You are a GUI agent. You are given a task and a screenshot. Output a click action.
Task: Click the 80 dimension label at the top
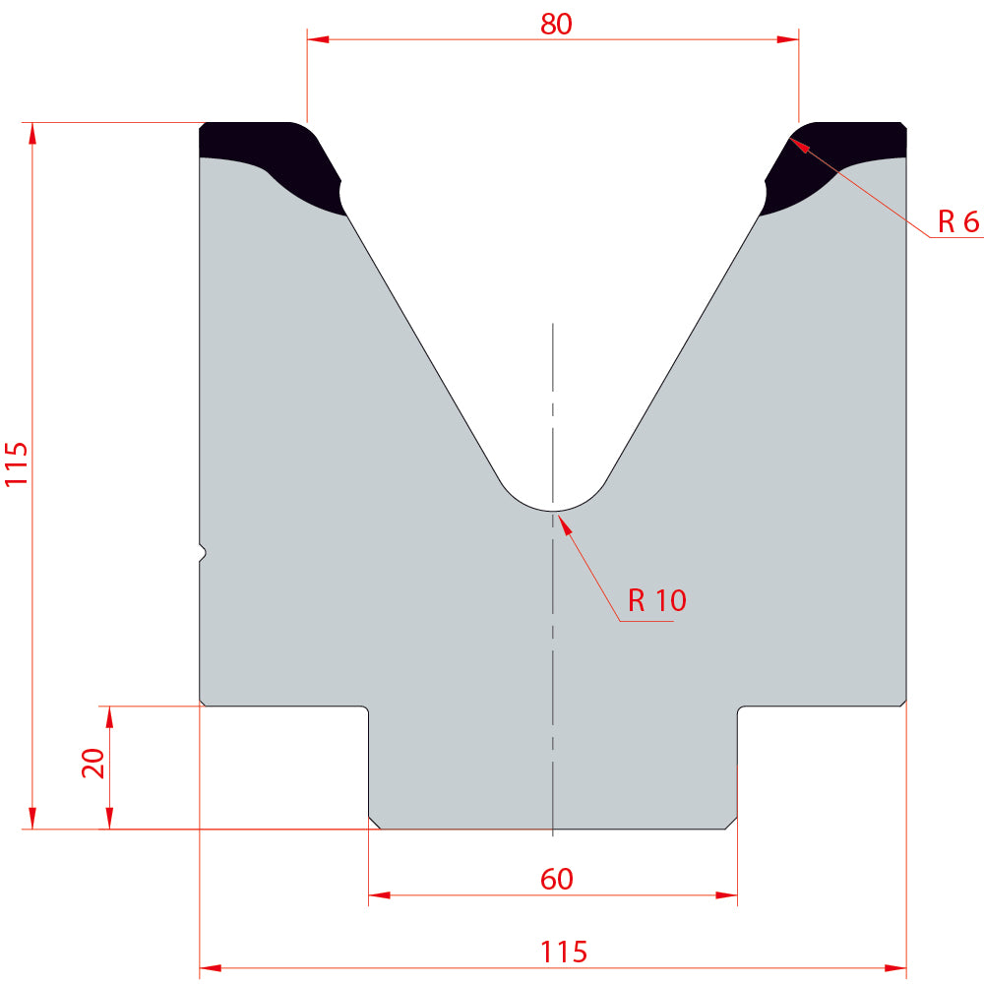click(x=556, y=24)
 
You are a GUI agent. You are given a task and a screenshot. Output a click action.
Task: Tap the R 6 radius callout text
click(x=958, y=221)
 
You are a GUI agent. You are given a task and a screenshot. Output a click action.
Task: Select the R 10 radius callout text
click(x=657, y=600)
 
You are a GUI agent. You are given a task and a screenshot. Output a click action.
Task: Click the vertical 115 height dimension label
click(x=17, y=463)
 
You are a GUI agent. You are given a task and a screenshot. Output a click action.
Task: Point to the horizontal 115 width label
click(x=564, y=952)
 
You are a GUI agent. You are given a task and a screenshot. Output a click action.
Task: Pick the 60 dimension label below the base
click(x=557, y=879)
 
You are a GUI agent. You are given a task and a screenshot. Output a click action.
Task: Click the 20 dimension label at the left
click(x=93, y=764)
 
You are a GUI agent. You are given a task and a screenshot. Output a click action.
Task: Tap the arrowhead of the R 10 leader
click(x=565, y=524)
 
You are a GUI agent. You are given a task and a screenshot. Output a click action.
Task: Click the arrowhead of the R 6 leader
click(x=798, y=145)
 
